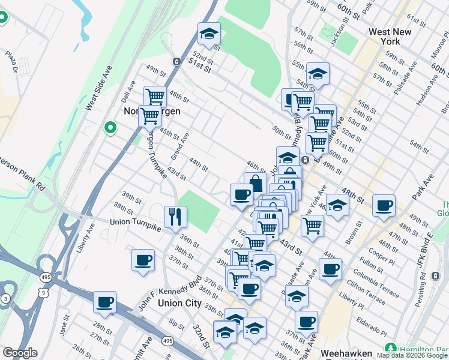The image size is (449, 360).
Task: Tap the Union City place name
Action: pyautogui.click(x=179, y=303)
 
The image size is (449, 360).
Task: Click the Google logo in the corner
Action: pyautogui.click(x=20, y=353)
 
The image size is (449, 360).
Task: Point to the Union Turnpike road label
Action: pyautogui.click(x=137, y=222)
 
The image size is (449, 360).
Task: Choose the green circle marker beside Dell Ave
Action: pyautogui.click(x=110, y=127)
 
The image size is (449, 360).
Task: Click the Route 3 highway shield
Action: pyautogui.click(x=5, y=298)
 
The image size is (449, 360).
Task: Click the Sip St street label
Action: pyautogui.click(x=176, y=324)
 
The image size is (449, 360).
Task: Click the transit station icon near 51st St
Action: pyautogui.click(x=176, y=61)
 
